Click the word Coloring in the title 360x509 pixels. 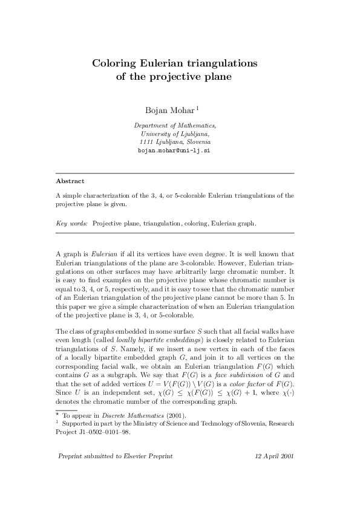pyautogui.click(x=113, y=63)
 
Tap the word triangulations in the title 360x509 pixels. pyautogui.click(x=222, y=63)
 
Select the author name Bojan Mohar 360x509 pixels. pyautogui.click(x=162, y=110)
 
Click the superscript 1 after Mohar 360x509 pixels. pyautogui.click(x=182, y=108)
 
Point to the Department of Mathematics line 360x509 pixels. pyautogui.click(x=174, y=125)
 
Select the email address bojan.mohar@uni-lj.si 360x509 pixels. pyautogui.click(x=174, y=149)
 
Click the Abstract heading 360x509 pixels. pyautogui.click(x=70, y=181)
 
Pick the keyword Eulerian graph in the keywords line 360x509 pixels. pyautogui.click(x=233, y=223)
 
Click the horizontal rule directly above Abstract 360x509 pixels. pyautogui.click(x=174, y=173)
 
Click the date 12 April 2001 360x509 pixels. pyautogui.click(x=275, y=455)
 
